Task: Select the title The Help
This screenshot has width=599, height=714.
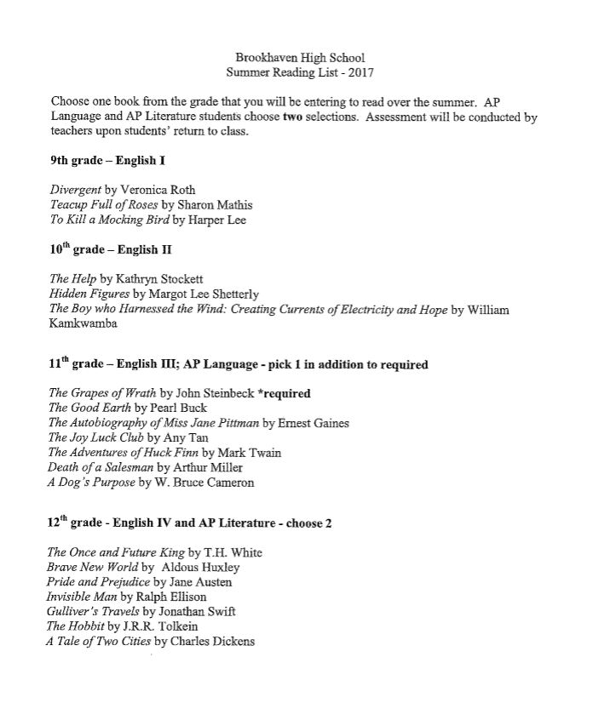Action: pyautogui.click(x=72, y=278)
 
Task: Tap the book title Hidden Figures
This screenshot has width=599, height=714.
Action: pyautogui.click(x=89, y=294)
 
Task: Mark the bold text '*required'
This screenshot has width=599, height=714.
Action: pyautogui.click(x=281, y=393)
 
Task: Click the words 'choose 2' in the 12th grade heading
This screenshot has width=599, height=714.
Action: pyautogui.click(x=305, y=523)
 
